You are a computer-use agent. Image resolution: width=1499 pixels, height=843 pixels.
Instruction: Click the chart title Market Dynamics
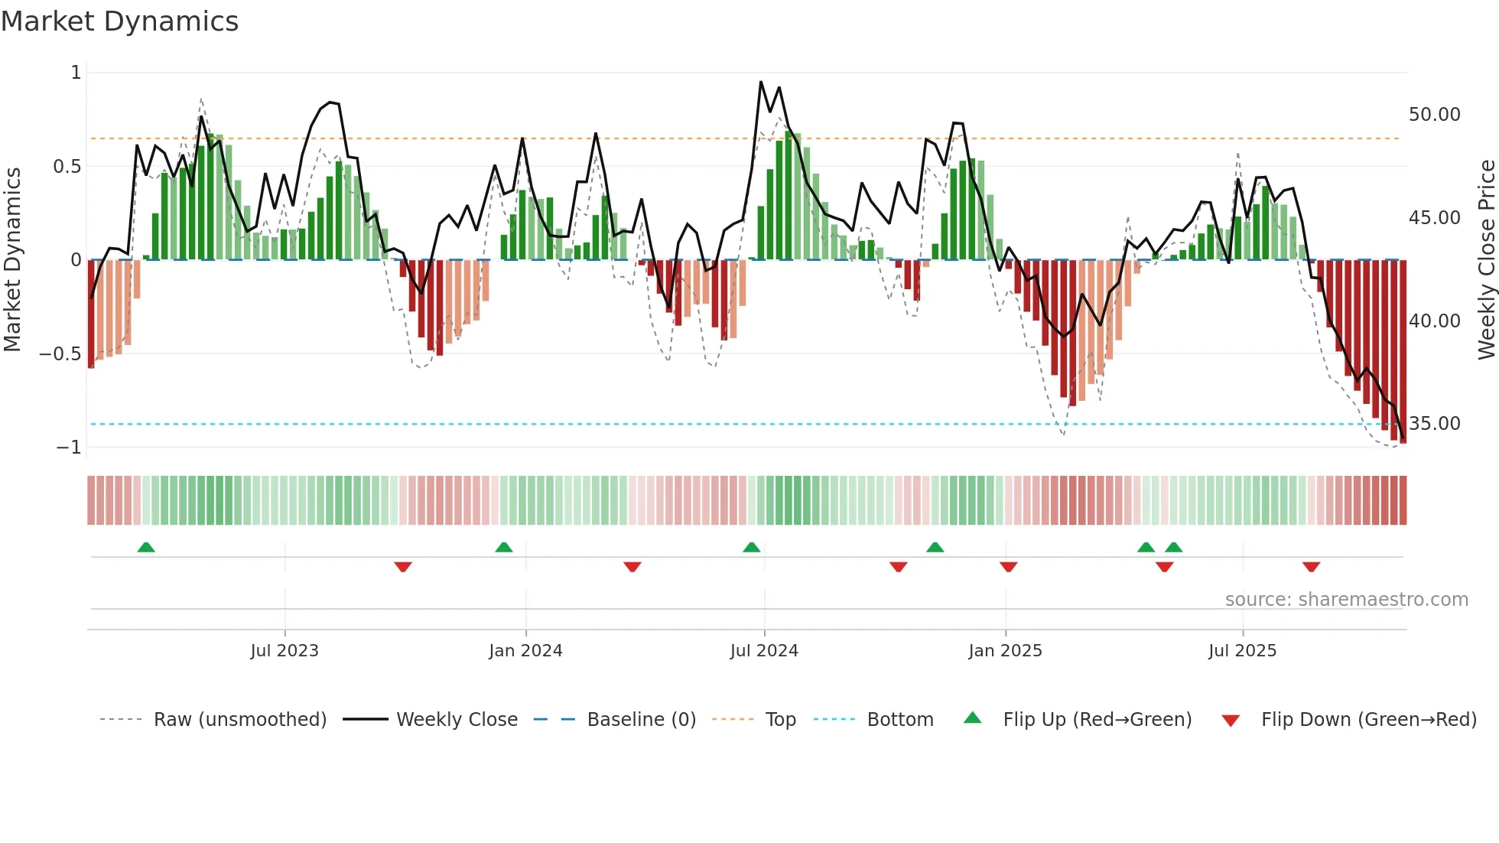pyautogui.click(x=119, y=21)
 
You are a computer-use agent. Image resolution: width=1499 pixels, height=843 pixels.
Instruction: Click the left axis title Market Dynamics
pyautogui.click(x=12, y=260)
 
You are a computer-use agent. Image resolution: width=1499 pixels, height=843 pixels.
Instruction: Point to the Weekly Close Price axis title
pyautogui.click(x=1486, y=260)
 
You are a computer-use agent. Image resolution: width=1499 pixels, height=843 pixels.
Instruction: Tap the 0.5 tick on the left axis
pyautogui.click(x=67, y=167)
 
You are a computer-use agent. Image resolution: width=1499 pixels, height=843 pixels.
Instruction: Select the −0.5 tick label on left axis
pyautogui.click(x=60, y=354)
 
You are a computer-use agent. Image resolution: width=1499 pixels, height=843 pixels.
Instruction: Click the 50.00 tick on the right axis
pyautogui.click(x=1434, y=115)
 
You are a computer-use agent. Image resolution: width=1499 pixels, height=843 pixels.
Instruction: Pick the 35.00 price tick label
pyautogui.click(x=1434, y=424)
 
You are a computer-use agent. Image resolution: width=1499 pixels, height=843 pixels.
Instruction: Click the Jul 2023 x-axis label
pyautogui.click(x=285, y=651)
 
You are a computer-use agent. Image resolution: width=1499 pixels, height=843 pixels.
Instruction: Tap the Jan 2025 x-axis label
pyautogui.click(x=1005, y=651)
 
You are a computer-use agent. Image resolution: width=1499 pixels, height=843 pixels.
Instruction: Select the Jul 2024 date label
pyautogui.click(x=764, y=651)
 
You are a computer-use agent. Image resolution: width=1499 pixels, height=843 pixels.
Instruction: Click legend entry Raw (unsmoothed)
pyautogui.click(x=239, y=720)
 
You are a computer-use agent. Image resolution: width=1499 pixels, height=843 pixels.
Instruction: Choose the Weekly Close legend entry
pyautogui.click(x=457, y=720)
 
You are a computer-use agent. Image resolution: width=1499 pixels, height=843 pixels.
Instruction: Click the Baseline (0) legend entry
pyautogui.click(x=641, y=720)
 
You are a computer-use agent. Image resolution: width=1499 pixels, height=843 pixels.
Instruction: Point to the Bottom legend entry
pyautogui.click(x=900, y=720)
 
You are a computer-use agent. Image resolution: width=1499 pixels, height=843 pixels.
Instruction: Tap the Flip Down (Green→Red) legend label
pyautogui.click(x=1368, y=720)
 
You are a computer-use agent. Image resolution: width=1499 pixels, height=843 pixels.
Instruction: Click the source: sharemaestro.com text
pyautogui.click(x=1346, y=600)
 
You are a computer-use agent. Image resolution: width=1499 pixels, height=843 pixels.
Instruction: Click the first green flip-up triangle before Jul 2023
pyautogui.click(x=146, y=547)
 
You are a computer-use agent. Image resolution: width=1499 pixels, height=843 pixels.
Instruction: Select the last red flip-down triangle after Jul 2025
pyautogui.click(x=1311, y=567)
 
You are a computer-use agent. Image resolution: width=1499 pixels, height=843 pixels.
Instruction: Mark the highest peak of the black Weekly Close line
pyautogui.click(x=761, y=82)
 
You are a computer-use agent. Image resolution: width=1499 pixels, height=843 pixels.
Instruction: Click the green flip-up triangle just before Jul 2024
pyautogui.click(x=751, y=547)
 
